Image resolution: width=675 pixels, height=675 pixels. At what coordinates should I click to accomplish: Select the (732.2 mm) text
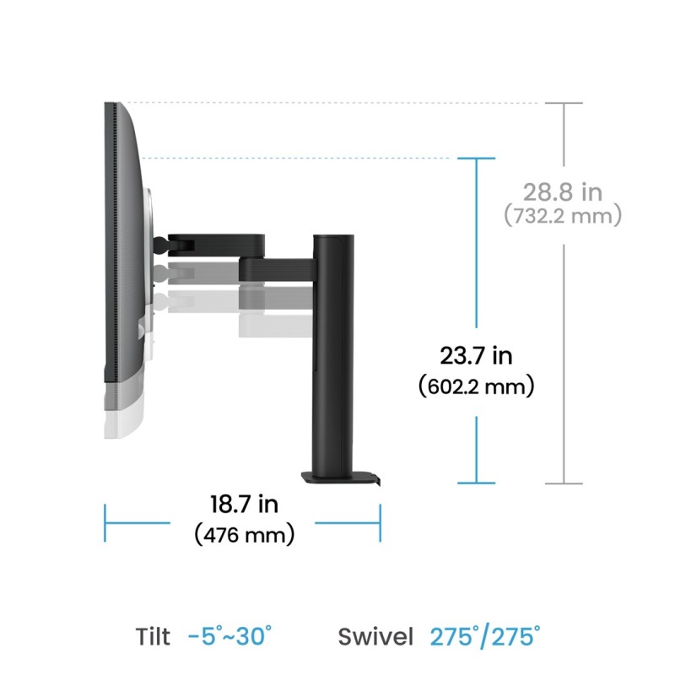pyautogui.click(x=563, y=216)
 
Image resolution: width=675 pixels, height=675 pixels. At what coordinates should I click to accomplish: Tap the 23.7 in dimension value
pyautogui.click(x=477, y=356)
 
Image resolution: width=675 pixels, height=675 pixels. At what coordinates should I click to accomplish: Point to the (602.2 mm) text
pyautogui.click(x=477, y=386)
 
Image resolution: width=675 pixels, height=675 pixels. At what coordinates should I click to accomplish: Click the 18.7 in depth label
pyautogui.click(x=244, y=505)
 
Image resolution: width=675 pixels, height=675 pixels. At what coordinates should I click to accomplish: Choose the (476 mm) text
pyautogui.click(x=245, y=534)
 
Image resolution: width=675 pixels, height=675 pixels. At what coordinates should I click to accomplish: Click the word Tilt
pyautogui.click(x=153, y=636)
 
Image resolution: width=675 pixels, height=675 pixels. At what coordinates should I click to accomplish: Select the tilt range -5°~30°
pyautogui.click(x=230, y=636)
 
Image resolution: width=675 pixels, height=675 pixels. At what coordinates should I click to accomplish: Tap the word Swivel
pyautogui.click(x=376, y=636)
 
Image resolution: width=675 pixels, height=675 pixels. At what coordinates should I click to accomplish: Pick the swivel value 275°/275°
pyautogui.click(x=485, y=636)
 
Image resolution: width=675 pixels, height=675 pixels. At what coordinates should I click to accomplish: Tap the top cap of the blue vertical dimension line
pyautogui.click(x=477, y=158)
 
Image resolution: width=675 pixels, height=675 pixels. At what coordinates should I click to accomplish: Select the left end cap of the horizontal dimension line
pyautogui.click(x=105, y=523)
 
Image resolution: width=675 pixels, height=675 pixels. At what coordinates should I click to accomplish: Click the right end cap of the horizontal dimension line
pyautogui.click(x=381, y=523)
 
